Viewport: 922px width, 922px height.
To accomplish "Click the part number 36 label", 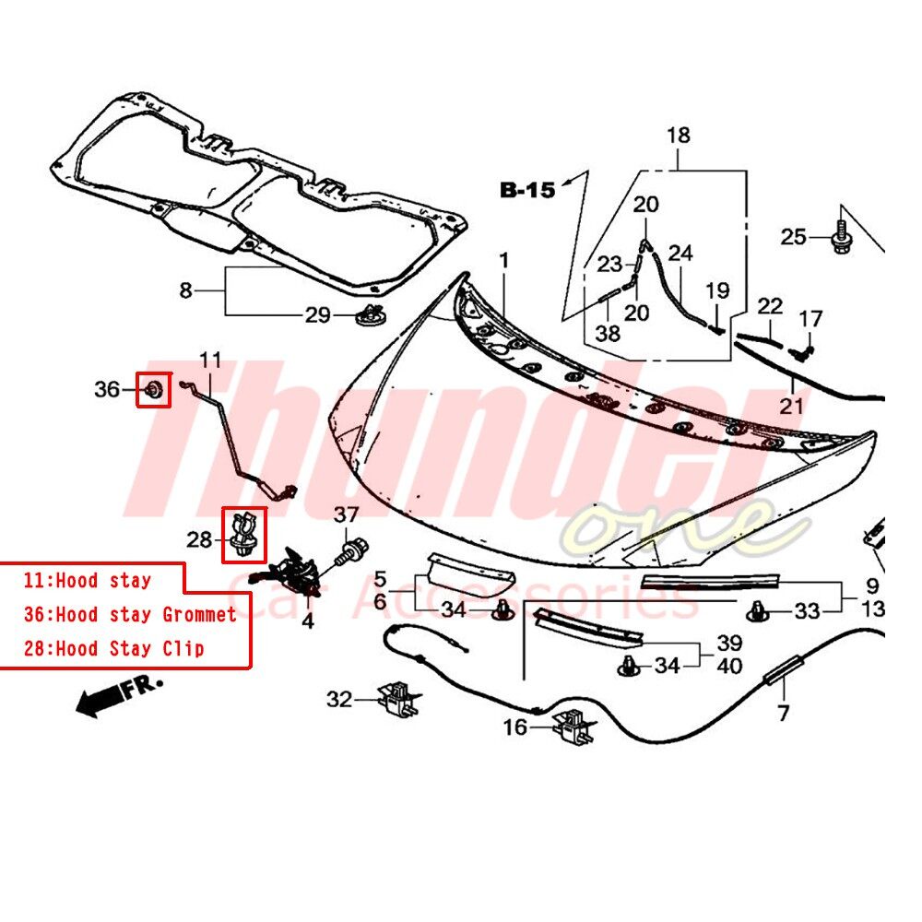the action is tap(107, 389).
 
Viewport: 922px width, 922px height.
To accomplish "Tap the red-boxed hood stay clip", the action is tap(244, 535).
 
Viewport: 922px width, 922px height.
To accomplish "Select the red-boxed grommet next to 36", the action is tap(153, 389).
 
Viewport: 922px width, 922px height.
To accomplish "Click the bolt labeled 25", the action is tap(840, 238).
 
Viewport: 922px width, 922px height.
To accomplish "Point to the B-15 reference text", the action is tap(527, 190).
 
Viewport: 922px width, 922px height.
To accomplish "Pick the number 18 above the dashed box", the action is tap(678, 136).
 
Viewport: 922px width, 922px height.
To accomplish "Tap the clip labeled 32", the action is tap(400, 697).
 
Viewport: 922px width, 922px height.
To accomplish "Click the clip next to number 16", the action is tap(573, 727).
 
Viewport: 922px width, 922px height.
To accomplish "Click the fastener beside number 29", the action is tap(371, 314).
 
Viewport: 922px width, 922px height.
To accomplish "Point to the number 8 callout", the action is tap(186, 290).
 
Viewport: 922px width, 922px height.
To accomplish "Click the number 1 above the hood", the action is tap(504, 260).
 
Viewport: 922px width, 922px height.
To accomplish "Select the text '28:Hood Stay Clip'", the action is tap(114, 648).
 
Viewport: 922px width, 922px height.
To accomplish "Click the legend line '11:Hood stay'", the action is tap(87, 581).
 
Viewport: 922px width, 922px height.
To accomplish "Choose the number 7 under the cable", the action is tap(783, 714).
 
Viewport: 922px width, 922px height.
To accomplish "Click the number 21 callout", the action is tap(791, 406).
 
